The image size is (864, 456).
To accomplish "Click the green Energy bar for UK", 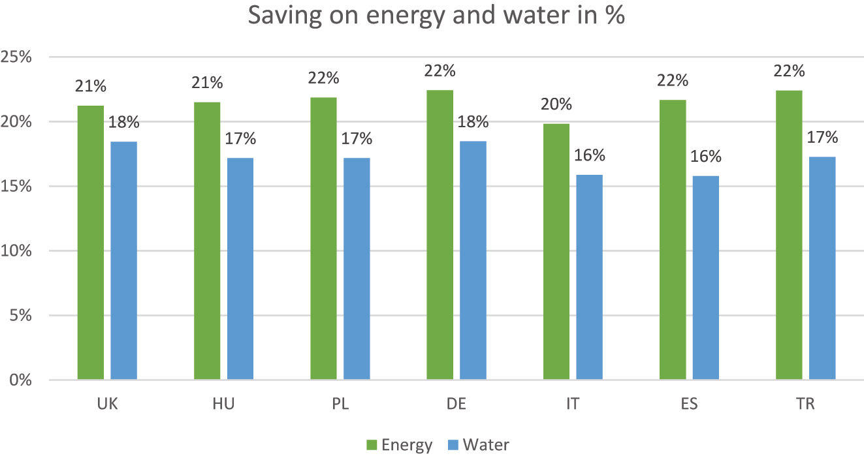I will click(x=91, y=243).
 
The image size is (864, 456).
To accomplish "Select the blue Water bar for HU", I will click(x=240, y=269).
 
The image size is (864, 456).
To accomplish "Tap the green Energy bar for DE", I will click(x=440, y=235).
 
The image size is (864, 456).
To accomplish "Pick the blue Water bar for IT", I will click(x=589, y=277).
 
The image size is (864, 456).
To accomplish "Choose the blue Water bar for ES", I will click(x=705, y=278).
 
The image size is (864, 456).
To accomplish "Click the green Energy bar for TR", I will click(x=789, y=235).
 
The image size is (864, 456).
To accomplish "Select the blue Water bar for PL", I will click(x=357, y=269).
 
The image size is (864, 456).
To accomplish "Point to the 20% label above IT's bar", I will click(x=556, y=104).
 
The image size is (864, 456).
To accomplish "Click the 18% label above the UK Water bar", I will click(x=124, y=122).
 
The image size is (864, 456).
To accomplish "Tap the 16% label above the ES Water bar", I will click(x=706, y=157).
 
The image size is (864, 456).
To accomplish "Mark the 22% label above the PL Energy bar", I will click(x=324, y=78).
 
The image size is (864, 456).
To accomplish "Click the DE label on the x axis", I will click(x=456, y=404).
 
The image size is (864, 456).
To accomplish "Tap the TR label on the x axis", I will click(x=805, y=404).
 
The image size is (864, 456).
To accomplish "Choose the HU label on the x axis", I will click(x=224, y=404).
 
